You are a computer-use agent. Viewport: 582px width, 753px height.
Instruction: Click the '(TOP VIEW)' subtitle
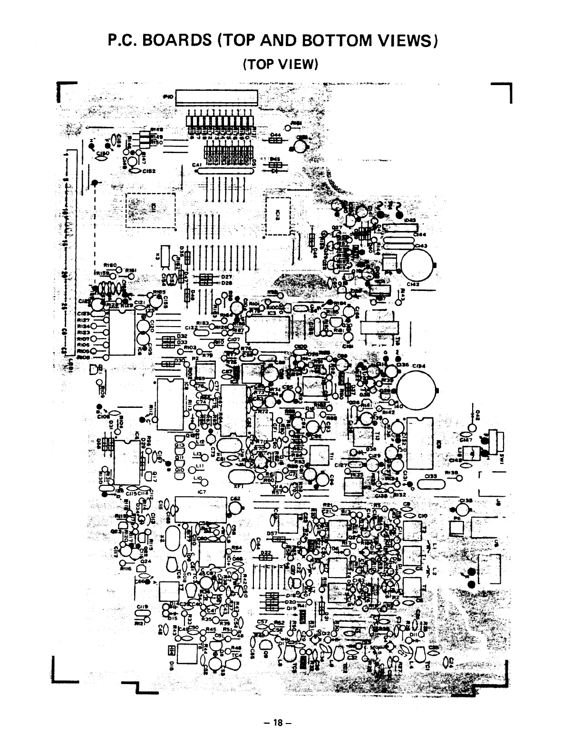[x=280, y=63]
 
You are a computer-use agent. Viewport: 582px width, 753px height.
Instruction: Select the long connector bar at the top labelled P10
[x=217, y=97]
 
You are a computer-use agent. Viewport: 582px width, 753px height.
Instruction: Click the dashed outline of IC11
[x=151, y=209]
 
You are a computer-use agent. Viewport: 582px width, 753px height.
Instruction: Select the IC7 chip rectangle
[x=201, y=509]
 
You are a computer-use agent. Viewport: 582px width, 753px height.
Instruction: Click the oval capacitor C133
[x=431, y=484]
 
